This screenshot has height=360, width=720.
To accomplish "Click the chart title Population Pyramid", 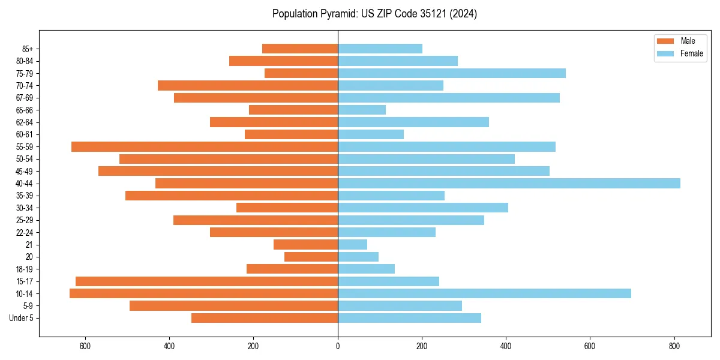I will pos(374,14).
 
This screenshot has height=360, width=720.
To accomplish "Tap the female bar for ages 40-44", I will pos(509,183).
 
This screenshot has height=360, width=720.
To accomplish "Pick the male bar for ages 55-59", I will pos(205,146).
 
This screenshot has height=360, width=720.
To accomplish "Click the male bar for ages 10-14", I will pos(203,293).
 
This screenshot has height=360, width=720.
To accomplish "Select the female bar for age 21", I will pos(353,244).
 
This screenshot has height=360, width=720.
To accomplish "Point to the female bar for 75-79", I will pos(452,73).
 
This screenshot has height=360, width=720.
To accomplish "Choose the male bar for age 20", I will pos(311,257).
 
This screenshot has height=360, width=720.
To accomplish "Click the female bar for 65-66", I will pos(362,110).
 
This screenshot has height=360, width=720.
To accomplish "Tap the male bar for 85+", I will pos(300,49).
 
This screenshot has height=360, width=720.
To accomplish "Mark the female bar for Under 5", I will pos(409,318).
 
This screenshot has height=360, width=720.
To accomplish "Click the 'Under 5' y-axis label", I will pos(22,318).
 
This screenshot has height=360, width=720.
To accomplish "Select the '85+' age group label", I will pos(28,49).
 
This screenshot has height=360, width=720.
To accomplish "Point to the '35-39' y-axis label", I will pos(24,196).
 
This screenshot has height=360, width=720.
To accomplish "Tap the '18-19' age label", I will pos(24,269).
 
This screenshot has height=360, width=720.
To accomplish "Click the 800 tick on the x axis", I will pos(674,346).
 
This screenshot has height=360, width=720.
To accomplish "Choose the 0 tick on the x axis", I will pos(338,346).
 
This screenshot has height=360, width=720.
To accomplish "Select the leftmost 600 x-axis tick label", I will pos(85,346).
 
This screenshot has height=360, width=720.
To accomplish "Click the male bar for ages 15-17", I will pos(206,281).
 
